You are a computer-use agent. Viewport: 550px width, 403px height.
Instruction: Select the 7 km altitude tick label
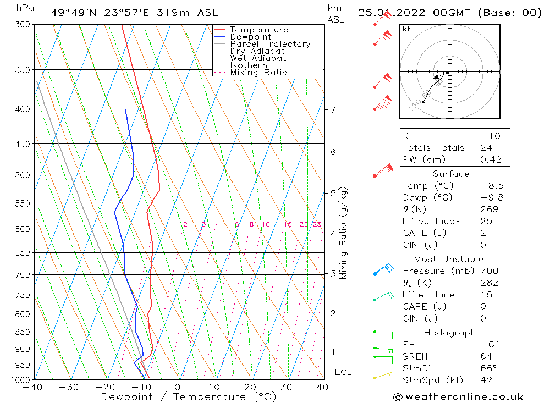click(x=333, y=109)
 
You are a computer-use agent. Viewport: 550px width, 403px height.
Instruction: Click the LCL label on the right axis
click(x=343, y=372)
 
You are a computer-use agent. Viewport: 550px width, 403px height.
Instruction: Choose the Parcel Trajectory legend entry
click(x=270, y=44)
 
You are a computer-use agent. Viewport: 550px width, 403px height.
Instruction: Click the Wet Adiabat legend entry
click(x=258, y=58)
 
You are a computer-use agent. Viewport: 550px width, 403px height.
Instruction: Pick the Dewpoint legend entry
click(x=251, y=37)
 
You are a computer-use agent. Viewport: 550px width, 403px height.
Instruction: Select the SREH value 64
click(x=486, y=356)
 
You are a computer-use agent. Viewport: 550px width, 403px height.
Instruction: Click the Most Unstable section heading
click(x=449, y=259)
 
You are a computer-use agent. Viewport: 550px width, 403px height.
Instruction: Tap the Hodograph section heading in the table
click(x=450, y=333)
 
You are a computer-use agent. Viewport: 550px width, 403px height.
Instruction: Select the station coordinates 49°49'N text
click(x=73, y=13)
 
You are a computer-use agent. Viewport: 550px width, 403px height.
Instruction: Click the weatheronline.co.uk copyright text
click(x=458, y=397)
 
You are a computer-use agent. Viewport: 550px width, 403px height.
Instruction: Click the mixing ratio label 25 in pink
click(x=317, y=224)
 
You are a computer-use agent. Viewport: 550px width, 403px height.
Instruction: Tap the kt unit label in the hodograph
click(x=406, y=29)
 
